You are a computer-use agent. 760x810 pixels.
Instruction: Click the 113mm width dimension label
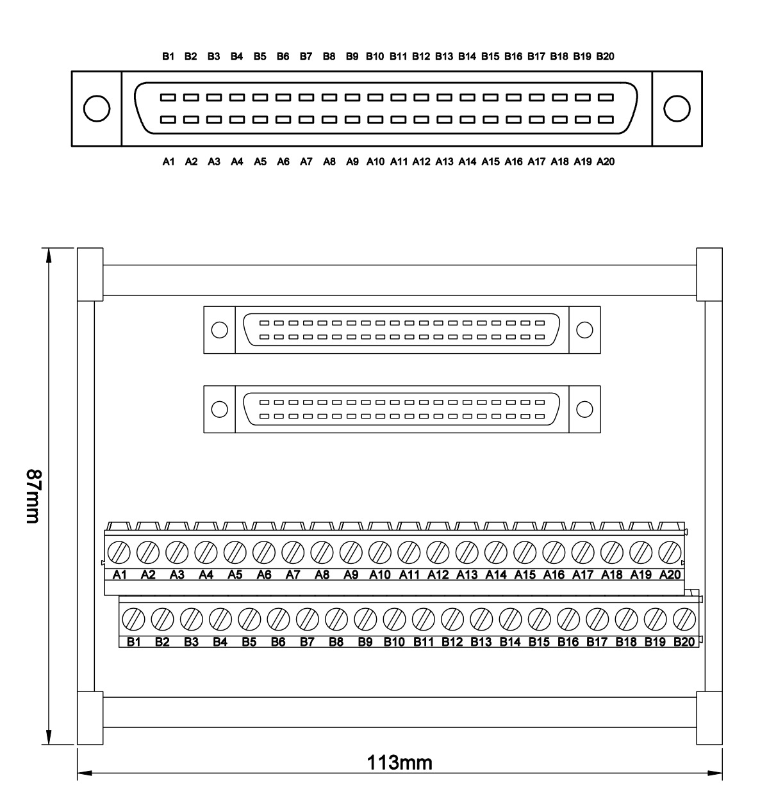coord(399,763)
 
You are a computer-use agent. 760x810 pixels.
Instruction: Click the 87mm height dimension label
coord(33,496)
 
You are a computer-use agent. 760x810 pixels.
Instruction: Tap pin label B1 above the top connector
coord(168,56)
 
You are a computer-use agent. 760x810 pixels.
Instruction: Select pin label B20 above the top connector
coord(605,56)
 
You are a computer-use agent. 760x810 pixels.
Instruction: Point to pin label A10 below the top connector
coord(376,162)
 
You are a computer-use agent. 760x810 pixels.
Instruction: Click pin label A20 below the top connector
coord(606,162)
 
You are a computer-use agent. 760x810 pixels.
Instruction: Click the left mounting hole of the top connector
coord(97,108)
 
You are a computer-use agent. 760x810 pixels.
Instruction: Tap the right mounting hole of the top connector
coord(677,108)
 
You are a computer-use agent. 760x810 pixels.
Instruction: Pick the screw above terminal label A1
coord(119,552)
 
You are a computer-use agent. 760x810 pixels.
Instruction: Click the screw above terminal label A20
coord(670,552)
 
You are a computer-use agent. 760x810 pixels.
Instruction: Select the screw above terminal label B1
coord(133,619)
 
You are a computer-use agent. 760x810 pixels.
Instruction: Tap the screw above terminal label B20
coord(684,619)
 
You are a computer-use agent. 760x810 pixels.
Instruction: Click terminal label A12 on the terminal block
coord(438,575)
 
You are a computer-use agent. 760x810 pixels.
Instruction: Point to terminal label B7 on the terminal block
coord(307,642)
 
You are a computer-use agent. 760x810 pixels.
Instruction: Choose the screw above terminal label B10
coord(395,619)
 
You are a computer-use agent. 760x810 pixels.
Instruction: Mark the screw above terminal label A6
coord(264,552)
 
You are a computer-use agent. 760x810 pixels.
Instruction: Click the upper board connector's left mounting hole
coord(219,330)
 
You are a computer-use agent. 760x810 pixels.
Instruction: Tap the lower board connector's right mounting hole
coord(584,409)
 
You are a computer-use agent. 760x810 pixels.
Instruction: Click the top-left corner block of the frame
coord(90,274)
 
